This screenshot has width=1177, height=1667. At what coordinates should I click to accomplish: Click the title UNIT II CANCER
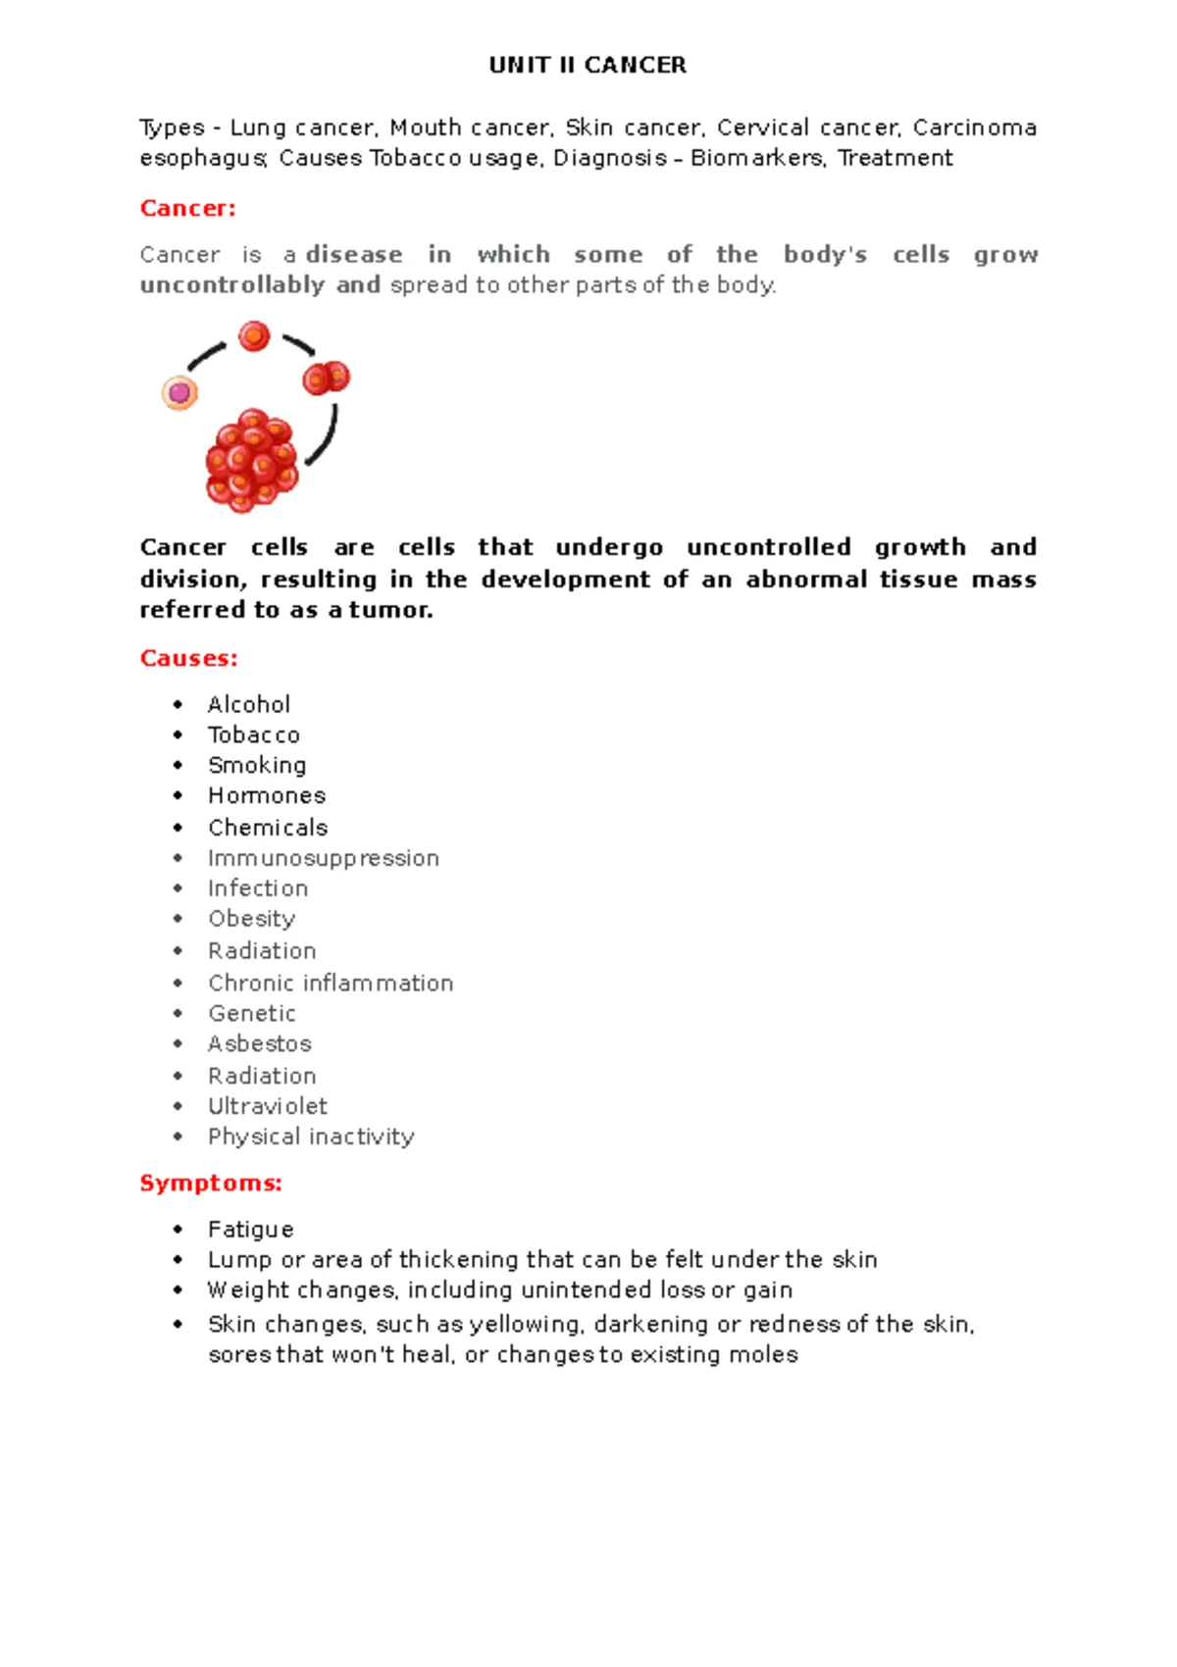[x=588, y=66]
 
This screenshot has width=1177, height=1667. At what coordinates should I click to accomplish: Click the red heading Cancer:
[x=187, y=208]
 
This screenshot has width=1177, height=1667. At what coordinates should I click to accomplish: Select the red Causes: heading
[x=188, y=658]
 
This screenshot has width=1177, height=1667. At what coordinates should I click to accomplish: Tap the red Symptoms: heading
[x=211, y=1183]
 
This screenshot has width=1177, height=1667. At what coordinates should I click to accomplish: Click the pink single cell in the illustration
[x=179, y=393]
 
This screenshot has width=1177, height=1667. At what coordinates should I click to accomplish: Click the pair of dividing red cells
[x=326, y=378]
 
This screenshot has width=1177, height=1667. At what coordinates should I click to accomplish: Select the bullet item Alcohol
[x=249, y=704]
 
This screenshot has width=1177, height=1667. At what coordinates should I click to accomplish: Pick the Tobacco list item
[x=254, y=734]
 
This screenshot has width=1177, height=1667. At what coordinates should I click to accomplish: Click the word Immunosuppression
[x=324, y=858]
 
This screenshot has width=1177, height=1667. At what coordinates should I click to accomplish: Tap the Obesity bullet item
[x=251, y=919]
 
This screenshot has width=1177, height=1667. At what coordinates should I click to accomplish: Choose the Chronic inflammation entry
[x=331, y=983]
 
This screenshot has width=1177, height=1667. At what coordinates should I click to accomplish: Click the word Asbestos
[x=260, y=1043]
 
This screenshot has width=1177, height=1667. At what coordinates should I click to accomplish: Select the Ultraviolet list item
[x=268, y=1106]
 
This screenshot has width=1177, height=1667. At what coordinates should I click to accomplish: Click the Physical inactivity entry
[x=311, y=1137]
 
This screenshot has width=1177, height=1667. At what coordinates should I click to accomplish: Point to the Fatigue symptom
[x=251, y=1229]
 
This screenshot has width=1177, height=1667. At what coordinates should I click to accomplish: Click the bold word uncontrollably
[x=232, y=284]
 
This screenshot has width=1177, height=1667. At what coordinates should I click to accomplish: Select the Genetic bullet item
[x=252, y=1013]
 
